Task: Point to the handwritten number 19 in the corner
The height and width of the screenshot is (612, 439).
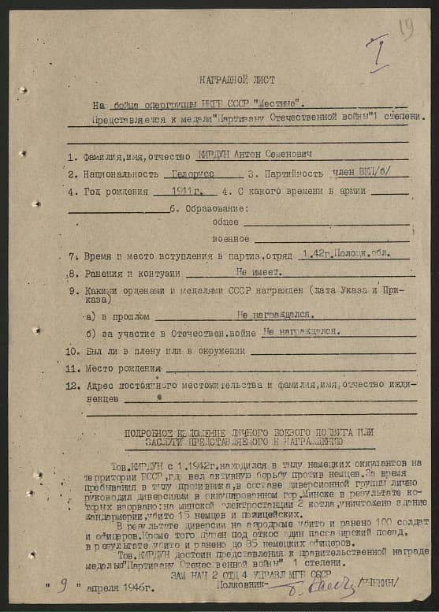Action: click(407, 30)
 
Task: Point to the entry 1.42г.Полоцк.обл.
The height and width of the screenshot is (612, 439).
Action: click(344, 256)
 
